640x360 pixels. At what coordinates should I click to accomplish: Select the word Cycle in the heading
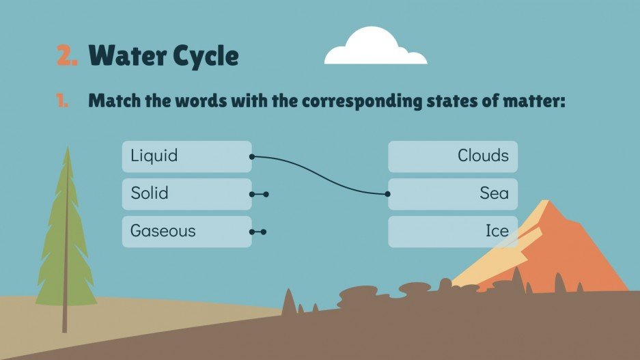click(x=208, y=56)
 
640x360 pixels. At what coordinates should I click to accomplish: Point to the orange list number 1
click(x=62, y=102)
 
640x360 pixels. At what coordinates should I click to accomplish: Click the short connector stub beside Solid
click(x=259, y=194)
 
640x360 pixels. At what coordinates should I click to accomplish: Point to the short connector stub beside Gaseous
click(x=259, y=232)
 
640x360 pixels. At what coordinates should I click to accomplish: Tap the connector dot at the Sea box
click(x=388, y=194)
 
